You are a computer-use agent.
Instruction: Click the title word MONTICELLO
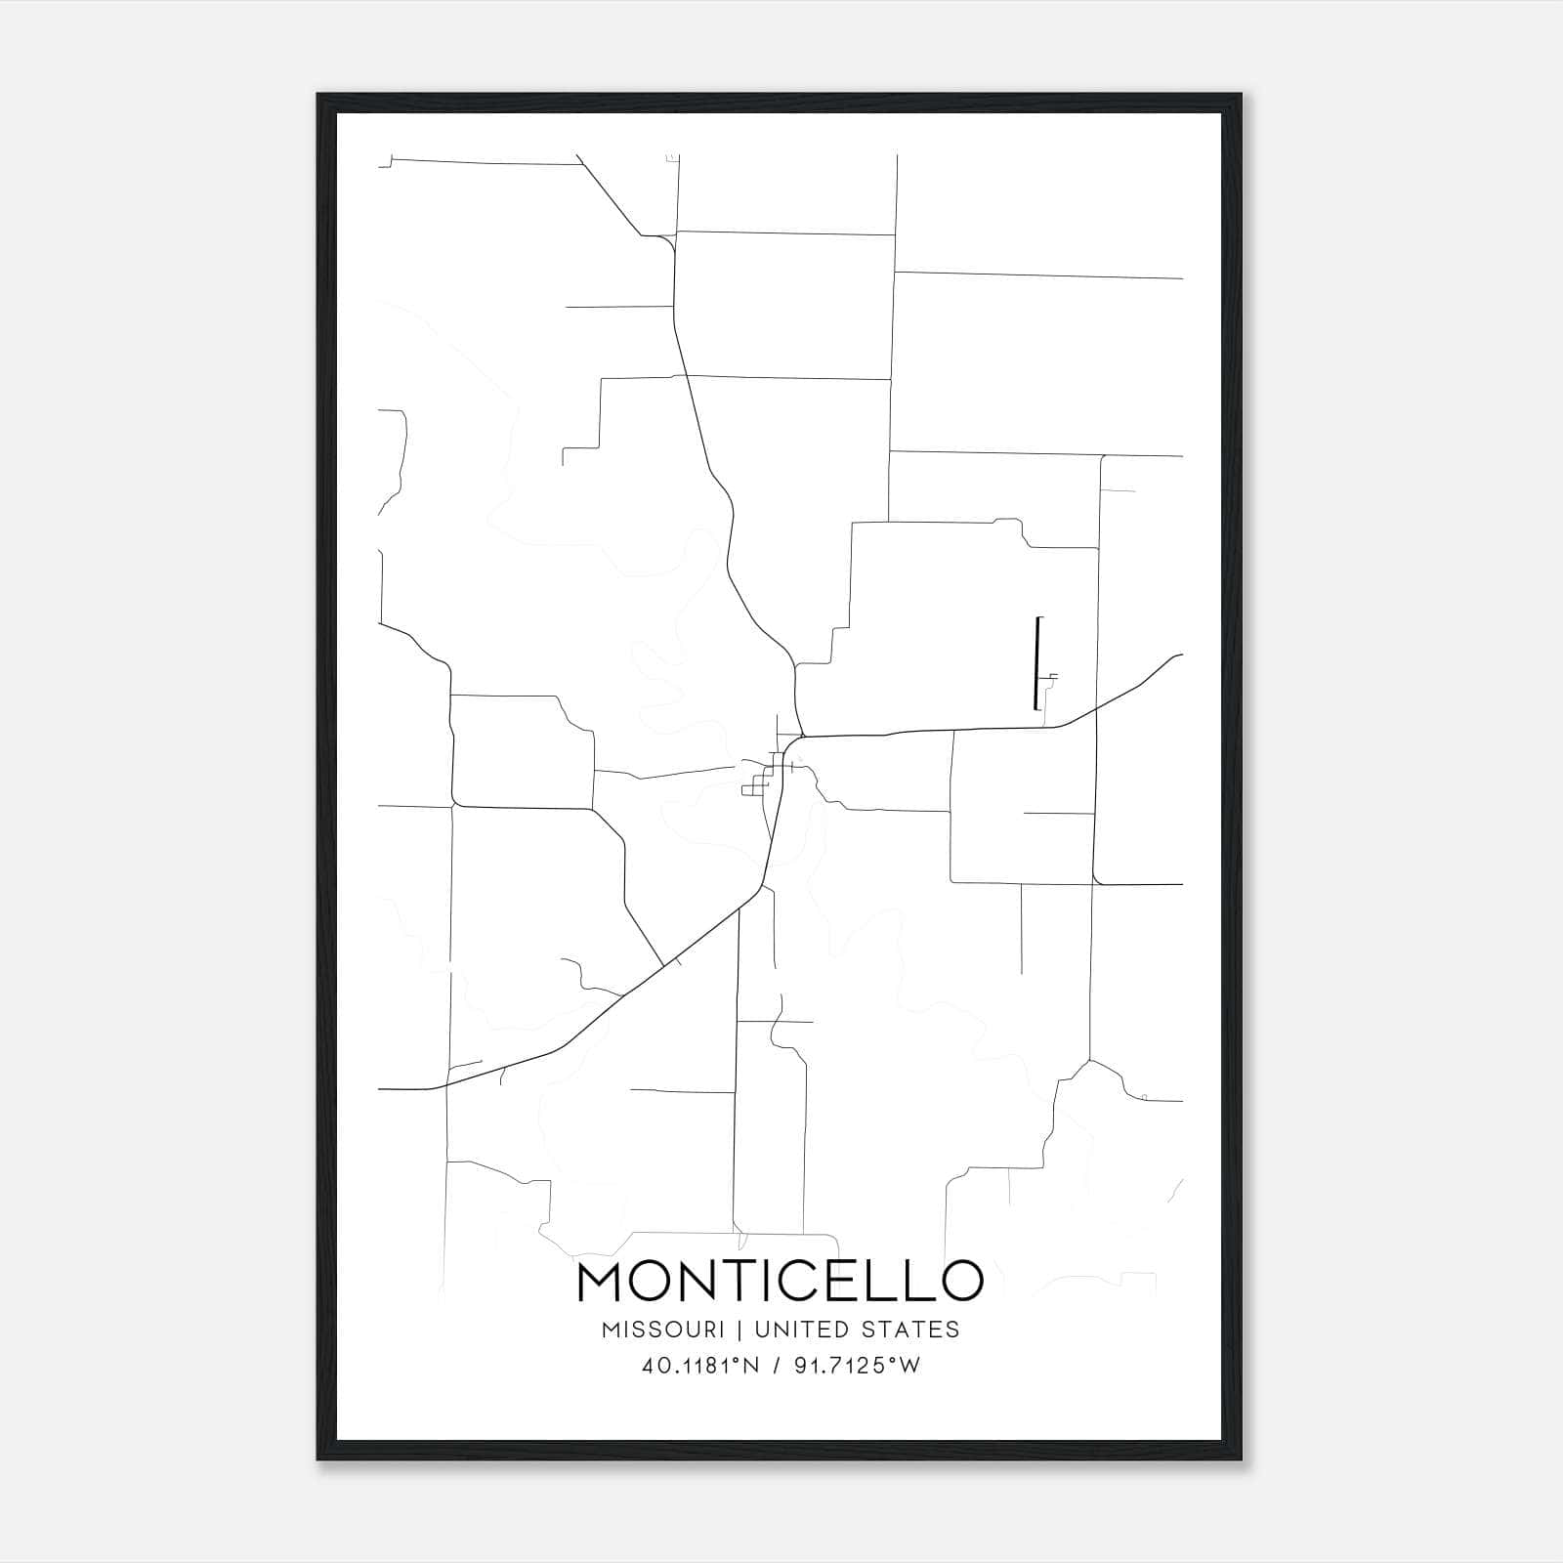(x=781, y=1282)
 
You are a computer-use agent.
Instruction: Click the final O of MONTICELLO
(x=960, y=1282)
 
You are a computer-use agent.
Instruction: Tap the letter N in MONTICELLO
(x=699, y=1282)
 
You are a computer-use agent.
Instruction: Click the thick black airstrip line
(x=1035, y=664)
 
